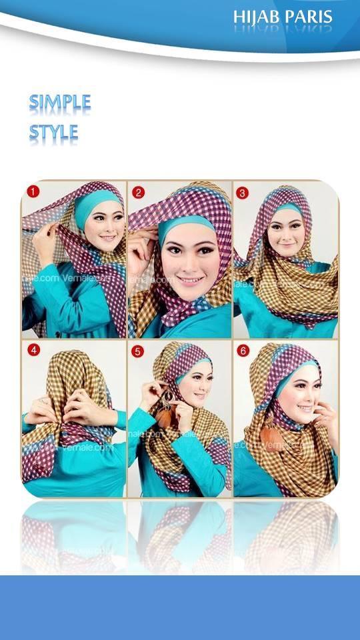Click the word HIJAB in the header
(x=257, y=18)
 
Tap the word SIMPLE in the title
(x=60, y=103)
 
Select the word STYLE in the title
(x=53, y=132)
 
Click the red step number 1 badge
(x=33, y=192)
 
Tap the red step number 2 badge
(x=138, y=193)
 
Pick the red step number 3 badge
(x=242, y=193)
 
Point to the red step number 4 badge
(x=33, y=349)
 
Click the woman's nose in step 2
(x=189, y=262)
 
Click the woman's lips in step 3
(x=286, y=245)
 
